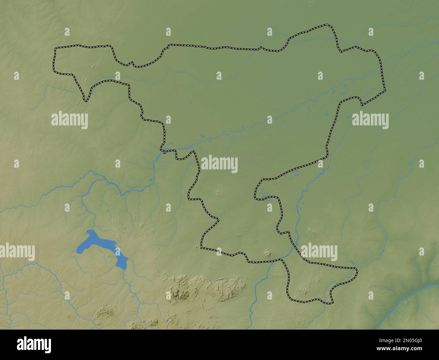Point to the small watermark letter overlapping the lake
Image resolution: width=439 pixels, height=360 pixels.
[x=118, y=251]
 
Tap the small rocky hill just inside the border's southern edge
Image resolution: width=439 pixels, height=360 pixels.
[x=269, y=253]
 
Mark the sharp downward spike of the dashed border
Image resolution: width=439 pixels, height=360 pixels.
[x=86, y=100]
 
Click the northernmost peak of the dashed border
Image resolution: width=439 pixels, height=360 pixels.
[x=327, y=25]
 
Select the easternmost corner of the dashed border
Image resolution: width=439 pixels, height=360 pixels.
[x=385, y=91]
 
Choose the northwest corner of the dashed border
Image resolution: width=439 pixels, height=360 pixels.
[x=56, y=48]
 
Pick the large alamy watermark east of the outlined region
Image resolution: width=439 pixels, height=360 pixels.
[x=370, y=119]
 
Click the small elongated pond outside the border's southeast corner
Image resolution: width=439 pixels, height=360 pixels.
[x=353, y=263]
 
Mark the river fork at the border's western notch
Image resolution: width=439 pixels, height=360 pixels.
[x=161, y=150]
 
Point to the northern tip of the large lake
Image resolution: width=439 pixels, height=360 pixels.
[x=90, y=232]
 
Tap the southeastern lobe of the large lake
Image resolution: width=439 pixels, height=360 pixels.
[x=122, y=262]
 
